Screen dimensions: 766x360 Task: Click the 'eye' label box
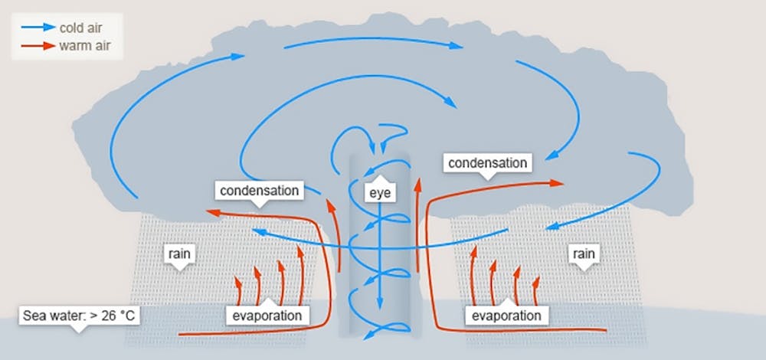pyautogui.click(x=380, y=193)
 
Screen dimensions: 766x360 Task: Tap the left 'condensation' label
pyautogui.click(x=260, y=190)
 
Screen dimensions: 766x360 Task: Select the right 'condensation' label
pyautogui.click(x=487, y=162)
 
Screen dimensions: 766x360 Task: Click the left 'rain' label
pyautogui.click(x=179, y=254)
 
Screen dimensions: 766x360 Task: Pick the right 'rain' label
pyautogui.click(x=583, y=254)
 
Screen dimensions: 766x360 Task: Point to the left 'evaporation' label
pyautogui.click(x=267, y=315)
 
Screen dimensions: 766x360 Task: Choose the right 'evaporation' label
pyautogui.click(x=506, y=315)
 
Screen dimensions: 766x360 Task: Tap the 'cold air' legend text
pyautogui.click(x=80, y=28)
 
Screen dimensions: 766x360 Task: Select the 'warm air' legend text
pyautogui.click(x=84, y=46)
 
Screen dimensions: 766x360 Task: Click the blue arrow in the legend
pyautogui.click(x=38, y=28)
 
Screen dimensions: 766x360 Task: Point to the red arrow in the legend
pyautogui.click(x=38, y=46)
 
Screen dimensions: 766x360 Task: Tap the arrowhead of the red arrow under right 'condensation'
pyautogui.click(x=557, y=183)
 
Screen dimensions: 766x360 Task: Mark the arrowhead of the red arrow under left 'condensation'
pyautogui.click(x=213, y=212)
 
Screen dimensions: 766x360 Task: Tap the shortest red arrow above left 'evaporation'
pyautogui.click(x=238, y=290)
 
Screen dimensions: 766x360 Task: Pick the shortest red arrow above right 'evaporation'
pyautogui.click(x=536, y=290)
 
